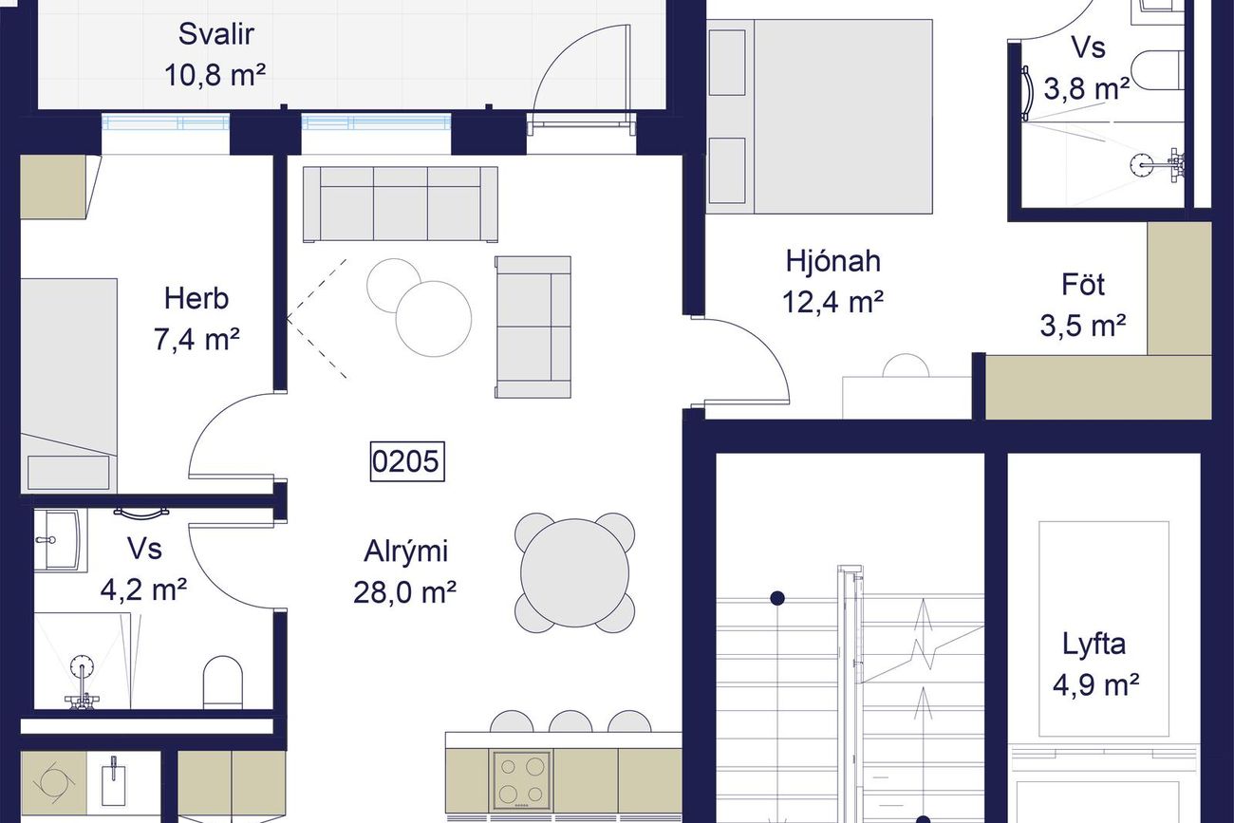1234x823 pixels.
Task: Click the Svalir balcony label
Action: pos(216,35)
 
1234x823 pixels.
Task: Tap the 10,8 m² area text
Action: pos(215,75)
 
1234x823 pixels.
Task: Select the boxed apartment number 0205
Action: pos(407,461)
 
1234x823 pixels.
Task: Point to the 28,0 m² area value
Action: pos(405,592)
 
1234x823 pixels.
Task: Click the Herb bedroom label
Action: pos(196,299)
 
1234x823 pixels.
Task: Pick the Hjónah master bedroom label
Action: pos(833,261)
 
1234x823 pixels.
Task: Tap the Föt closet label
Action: pos(1083,285)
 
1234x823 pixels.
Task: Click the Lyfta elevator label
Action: pos(1094,645)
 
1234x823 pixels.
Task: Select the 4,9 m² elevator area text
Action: pos(1095,685)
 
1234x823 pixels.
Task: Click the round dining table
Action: pos(574,573)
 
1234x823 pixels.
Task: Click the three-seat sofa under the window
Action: pos(401,204)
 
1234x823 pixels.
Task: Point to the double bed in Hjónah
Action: pos(820,117)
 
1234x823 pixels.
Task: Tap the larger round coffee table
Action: pos(434,319)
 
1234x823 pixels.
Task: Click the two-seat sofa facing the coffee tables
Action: pos(533,327)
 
